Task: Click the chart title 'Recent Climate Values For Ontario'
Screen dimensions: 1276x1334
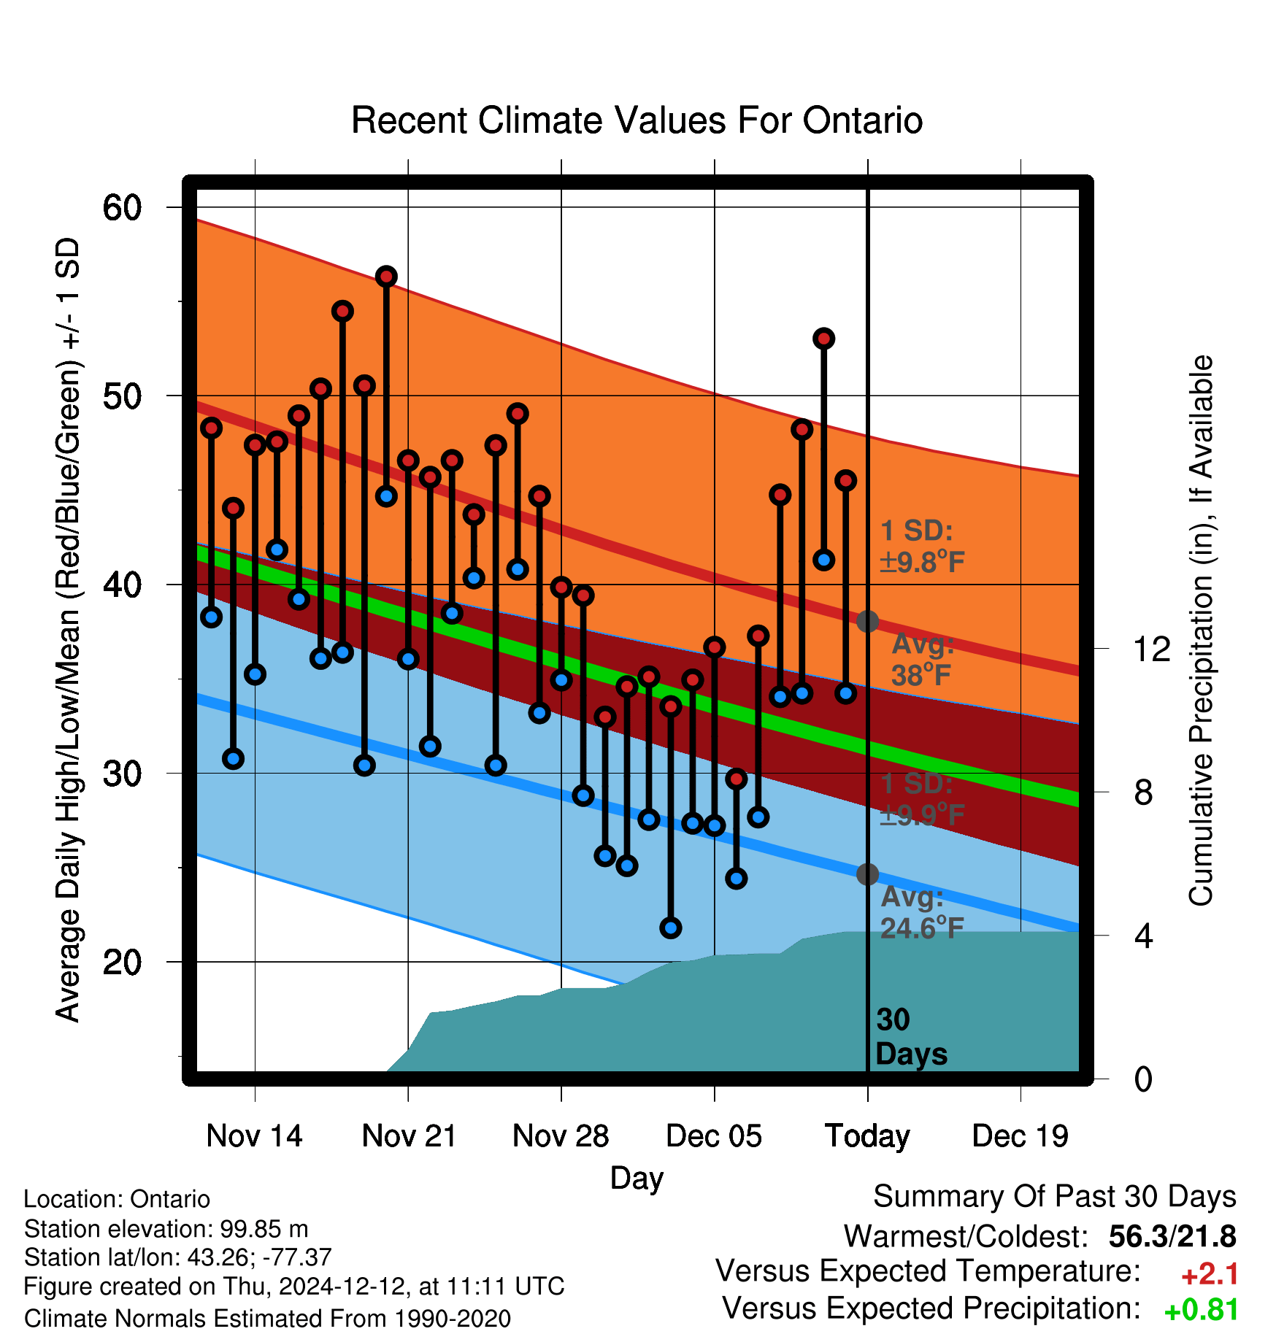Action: pos(637,120)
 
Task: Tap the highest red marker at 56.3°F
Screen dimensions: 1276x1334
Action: pos(386,277)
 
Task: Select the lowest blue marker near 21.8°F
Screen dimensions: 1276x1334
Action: pos(671,928)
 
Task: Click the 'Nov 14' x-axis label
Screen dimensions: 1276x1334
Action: pos(254,1136)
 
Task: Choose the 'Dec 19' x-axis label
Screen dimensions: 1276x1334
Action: pos(1020,1136)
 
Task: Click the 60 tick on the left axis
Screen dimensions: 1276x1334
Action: pos(122,208)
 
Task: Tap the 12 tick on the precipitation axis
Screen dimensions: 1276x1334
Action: pos(1151,649)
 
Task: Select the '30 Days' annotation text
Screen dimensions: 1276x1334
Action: pos(911,1037)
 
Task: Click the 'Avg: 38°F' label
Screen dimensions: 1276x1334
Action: pos(923,660)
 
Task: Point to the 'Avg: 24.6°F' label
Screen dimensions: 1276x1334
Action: pos(922,912)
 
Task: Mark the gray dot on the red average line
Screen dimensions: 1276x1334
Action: pos(867,622)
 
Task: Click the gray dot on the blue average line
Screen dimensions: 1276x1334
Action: pos(867,874)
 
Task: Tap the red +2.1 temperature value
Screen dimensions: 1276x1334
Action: pos(1210,1274)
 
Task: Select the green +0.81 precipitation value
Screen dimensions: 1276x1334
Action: pos(1202,1310)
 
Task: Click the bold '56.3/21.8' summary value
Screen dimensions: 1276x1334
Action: pos(1172,1236)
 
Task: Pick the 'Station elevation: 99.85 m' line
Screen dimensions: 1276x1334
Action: pos(166,1229)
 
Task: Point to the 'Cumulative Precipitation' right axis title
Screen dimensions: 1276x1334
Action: pos(1201,631)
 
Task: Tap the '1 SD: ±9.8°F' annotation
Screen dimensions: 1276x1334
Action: pos(922,547)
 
